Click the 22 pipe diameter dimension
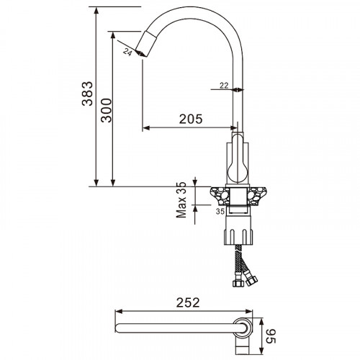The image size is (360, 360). click(223, 85)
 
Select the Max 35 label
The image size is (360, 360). click(182, 199)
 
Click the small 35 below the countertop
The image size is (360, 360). click(219, 211)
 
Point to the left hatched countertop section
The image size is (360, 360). click(217, 194)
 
